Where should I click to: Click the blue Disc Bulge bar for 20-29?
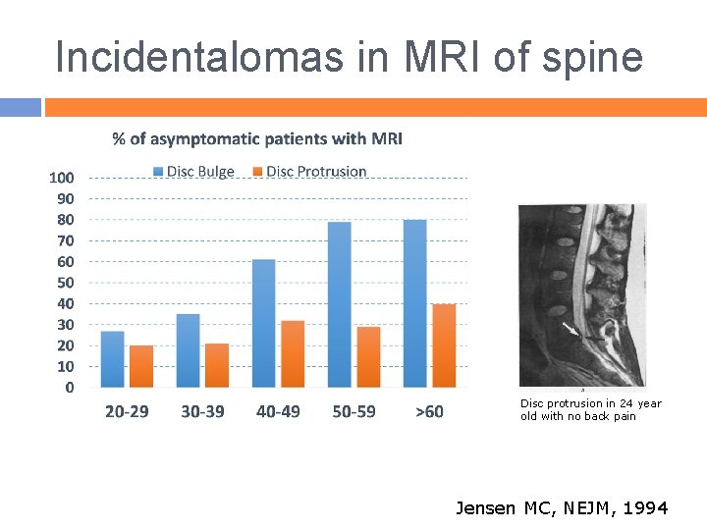(x=112, y=359)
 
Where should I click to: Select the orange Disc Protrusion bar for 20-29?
(x=141, y=366)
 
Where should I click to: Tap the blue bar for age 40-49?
(x=264, y=323)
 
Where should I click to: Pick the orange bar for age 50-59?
(x=368, y=357)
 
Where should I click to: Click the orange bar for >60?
(x=444, y=345)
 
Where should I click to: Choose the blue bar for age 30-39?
(x=188, y=350)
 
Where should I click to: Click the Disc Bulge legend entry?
(x=193, y=172)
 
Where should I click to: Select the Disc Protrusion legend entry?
(x=309, y=172)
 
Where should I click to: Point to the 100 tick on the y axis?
(x=62, y=178)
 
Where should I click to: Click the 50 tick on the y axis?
(x=66, y=283)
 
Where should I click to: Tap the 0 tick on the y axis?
(x=70, y=388)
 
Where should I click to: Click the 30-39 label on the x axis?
(x=202, y=411)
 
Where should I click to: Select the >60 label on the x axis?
(x=429, y=411)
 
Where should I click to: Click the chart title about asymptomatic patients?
(x=257, y=139)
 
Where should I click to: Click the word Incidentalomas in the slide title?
(x=199, y=56)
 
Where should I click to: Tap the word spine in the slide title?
(x=592, y=59)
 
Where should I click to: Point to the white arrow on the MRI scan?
(x=571, y=329)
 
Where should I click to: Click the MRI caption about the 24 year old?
(x=591, y=409)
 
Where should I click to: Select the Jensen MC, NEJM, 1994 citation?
(x=562, y=508)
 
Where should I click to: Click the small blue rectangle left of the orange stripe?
(x=21, y=107)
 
